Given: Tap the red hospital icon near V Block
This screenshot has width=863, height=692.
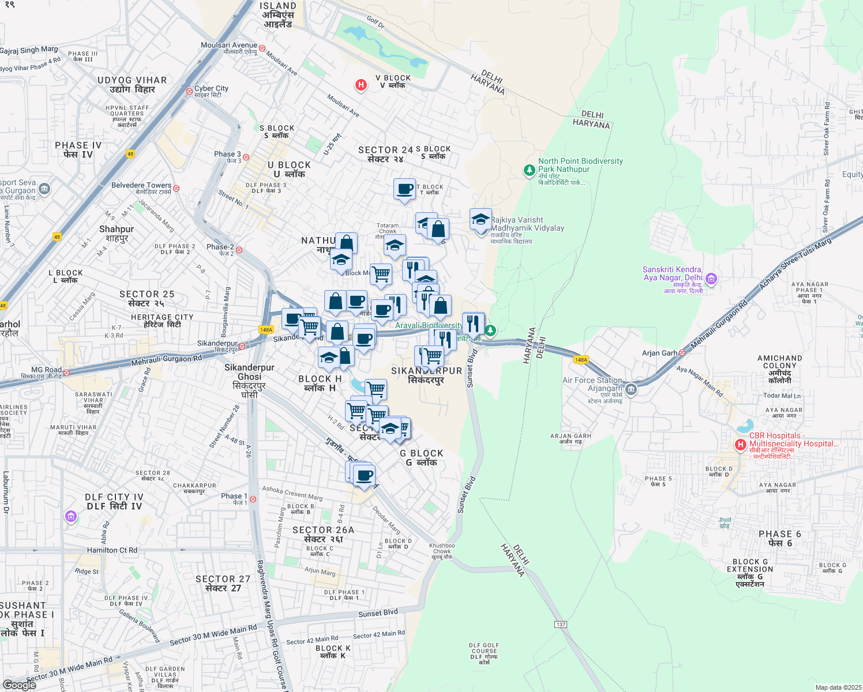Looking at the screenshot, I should pyautogui.click(x=361, y=85).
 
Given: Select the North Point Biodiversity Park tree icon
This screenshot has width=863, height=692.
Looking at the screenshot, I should pyautogui.click(x=529, y=170).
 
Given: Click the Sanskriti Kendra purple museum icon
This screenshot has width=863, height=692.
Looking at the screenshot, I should pyautogui.click(x=711, y=279).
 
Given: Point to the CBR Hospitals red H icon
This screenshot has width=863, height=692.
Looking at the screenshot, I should pyautogui.click(x=741, y=445).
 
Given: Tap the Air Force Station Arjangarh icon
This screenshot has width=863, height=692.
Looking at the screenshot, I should pyautogui.click(x=631, y=389).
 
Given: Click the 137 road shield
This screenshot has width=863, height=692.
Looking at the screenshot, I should pyautogui.click(x=561, y=625).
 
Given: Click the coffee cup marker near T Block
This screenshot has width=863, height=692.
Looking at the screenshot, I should pyautogui.click(x=405, y=189).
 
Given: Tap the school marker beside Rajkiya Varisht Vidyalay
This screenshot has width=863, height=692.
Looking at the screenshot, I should pyautogui.click(x=481, y=220).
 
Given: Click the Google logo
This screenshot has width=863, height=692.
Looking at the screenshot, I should pyautogui.click(x=20, y=685).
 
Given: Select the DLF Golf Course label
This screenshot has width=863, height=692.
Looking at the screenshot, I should pyautogui.click(x=484, y=654).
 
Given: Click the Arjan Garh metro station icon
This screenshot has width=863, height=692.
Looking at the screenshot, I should pyautogui.click(x=682, y=352).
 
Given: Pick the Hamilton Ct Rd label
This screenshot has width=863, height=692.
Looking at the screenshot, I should pyautogui.click(x=112, y=550).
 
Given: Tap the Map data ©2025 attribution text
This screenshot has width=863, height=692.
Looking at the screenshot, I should pyautogui.click(x=838, y=687).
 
